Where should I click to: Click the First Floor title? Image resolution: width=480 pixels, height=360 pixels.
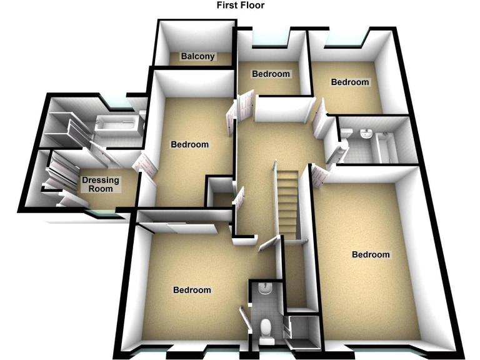(x=241, y=6)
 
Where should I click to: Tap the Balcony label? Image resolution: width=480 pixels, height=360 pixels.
(x=197, y=56)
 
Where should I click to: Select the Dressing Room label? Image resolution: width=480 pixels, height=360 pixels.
(x=101, y=184)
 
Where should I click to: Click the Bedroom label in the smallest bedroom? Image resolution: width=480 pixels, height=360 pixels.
(x=271, y=74)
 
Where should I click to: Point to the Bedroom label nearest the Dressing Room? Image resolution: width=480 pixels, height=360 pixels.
(x=189, y=144)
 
